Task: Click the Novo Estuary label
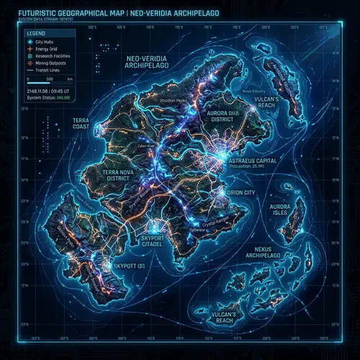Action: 253,91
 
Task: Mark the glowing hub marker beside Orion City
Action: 221,193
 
